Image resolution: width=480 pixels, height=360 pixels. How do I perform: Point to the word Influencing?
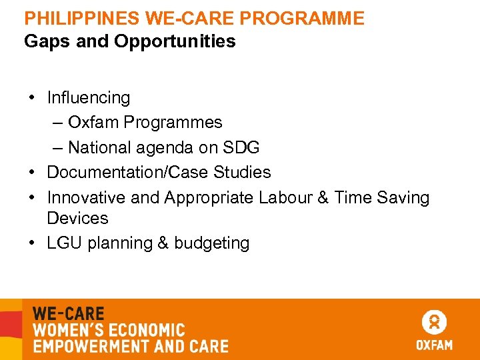coord(89,98)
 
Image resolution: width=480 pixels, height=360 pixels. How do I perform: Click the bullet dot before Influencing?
coord(32,98)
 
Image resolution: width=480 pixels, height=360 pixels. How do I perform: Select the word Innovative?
coord(86,197)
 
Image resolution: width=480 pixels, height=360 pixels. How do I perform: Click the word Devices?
coord(77,218)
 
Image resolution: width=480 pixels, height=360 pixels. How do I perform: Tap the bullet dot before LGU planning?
coord(32,243)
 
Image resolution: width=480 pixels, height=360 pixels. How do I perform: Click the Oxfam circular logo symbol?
coord(434,323)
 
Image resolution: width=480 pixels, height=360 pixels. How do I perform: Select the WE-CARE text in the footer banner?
coord(69,313)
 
